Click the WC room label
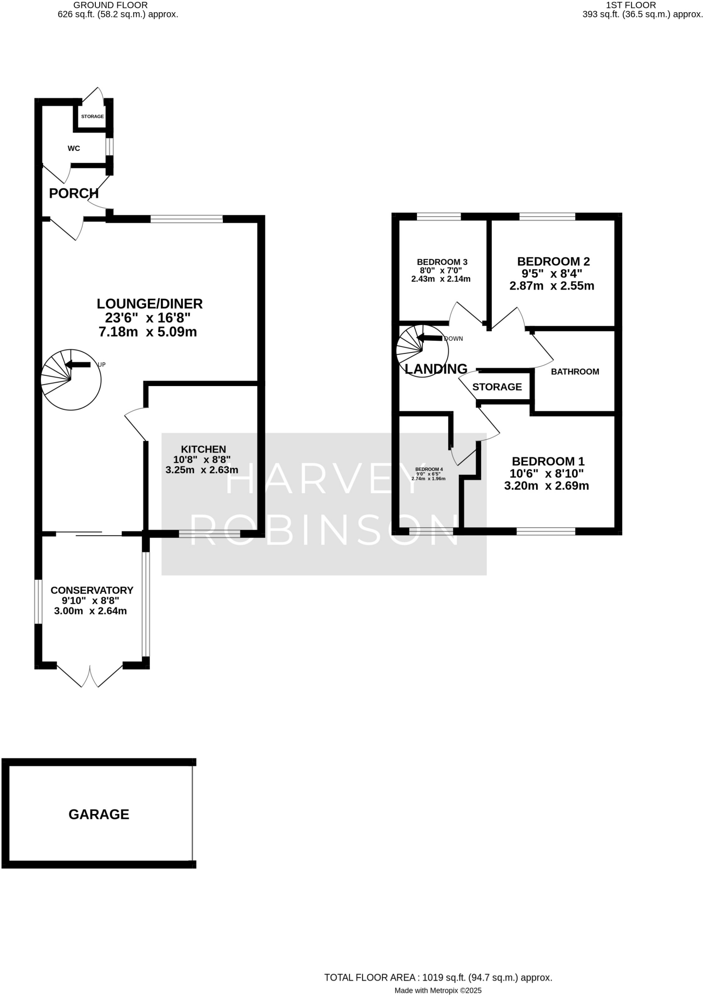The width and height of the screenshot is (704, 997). pyautogui.click(x=74, y=148)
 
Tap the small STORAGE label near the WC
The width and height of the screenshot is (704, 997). pyautogui.click(x=92, y=117)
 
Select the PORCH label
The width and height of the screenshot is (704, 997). pyautogui.click(x=74, y=194)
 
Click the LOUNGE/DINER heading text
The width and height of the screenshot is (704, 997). pyautogui.click(x=149, y=304)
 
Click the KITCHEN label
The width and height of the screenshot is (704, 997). pyautogui.click(x=203, y=449)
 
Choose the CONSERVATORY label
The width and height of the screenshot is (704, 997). pyautogui.click(x=92, y=590)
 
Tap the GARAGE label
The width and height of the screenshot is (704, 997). pyautogui.click(x=99, y=814)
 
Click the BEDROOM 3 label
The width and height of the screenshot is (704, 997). pyautogui.click(x=442, y=262)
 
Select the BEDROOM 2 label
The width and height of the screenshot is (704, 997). pyautogui.click(x=553, y=261)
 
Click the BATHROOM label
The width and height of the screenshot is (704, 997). pyautogui.click(x=575, y=372)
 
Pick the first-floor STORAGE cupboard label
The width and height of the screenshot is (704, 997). pyautogui.click(x=497, y=387)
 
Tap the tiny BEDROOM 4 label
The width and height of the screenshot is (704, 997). pyautogui.click(x=429, y=469)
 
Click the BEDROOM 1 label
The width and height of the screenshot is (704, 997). pyautogui.click(x=548, y=461)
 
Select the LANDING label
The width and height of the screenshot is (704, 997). pyautogui.click(x=436, y=369)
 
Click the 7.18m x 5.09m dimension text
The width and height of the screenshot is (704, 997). pyautogui.click(x=147, y=332)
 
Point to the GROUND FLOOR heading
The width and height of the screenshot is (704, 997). pyautogui.click(x=110, y=5)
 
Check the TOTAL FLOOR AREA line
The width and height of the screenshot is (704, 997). pyautogui.click(x=438, y=964)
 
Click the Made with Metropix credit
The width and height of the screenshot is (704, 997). pyautogui.click(x=437, y=977)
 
